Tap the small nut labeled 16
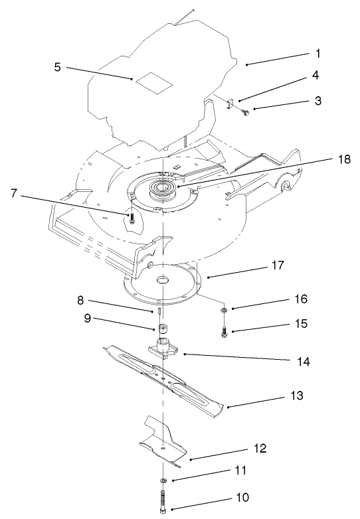pos(225,309)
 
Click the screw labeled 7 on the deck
pos(132,219)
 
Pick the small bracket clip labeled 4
pos(232,104)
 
